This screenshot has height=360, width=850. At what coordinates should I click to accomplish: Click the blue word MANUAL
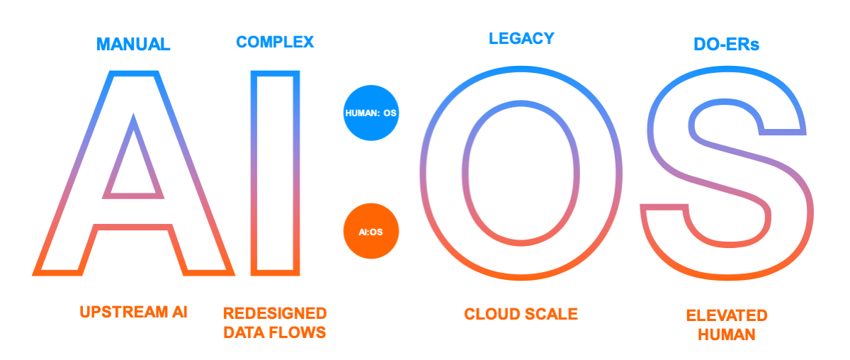click(133, 44)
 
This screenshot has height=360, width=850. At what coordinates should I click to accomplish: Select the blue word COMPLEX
click(275, 42)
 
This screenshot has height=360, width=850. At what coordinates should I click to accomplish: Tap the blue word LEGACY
click(521, 38)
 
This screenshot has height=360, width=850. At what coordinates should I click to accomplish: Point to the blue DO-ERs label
click(726, 45)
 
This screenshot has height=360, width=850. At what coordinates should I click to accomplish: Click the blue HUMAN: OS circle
click(370, 113)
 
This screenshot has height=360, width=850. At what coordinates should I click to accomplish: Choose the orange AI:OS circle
click(370, 231)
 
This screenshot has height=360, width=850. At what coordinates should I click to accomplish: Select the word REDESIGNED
click(275, 313)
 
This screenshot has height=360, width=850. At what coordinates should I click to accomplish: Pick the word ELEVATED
click(727, 315)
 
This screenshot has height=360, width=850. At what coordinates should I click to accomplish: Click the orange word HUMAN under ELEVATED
click(727, 334)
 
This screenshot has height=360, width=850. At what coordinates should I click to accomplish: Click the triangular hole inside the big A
click(133, 170)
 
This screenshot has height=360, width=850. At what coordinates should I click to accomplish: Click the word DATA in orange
click(245, 332)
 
